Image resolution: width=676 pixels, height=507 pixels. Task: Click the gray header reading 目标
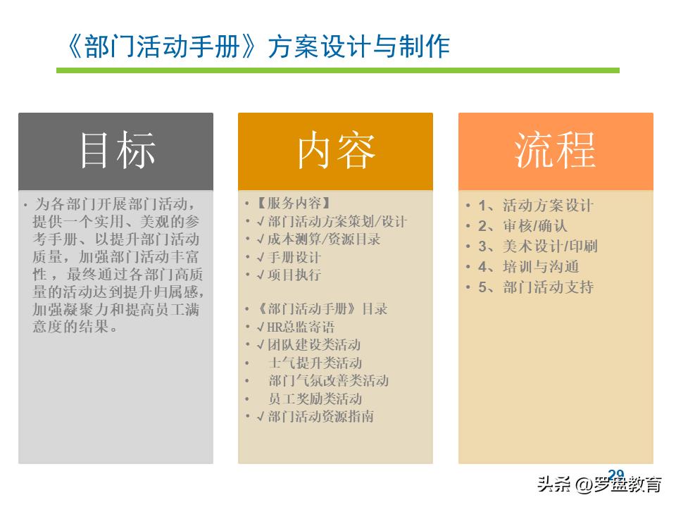[x=116, y=151]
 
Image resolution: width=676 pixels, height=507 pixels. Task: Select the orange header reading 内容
[x=336, y=151]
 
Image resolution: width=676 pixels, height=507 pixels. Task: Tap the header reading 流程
[x=556, y=151]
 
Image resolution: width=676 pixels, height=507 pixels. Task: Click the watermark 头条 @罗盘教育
[x=599, y=486]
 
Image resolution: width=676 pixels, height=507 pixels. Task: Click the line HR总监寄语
[x=301, y=327]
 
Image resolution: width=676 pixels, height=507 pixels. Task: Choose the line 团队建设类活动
[x=313, y=345]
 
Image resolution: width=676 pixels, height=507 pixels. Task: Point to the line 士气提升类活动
[x=315, y=363]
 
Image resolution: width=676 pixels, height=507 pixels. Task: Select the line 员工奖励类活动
[x=315, y=399]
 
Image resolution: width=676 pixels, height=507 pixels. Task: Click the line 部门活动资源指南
[x=320, y=416]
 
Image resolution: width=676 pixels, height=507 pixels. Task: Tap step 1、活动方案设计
[x=536, y=206]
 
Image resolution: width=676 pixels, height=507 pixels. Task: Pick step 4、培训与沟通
[x=529, y=267]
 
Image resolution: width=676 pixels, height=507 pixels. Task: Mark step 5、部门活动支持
[x=536, y=287]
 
